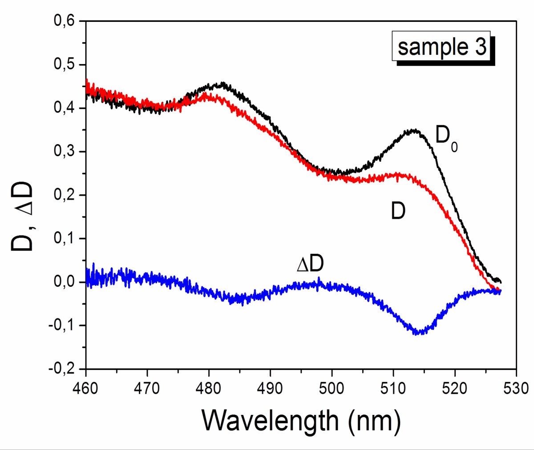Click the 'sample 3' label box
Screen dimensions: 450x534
441,46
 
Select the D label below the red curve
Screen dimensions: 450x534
398,211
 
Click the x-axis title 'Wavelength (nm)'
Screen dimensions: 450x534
301,420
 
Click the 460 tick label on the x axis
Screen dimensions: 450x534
85,388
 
